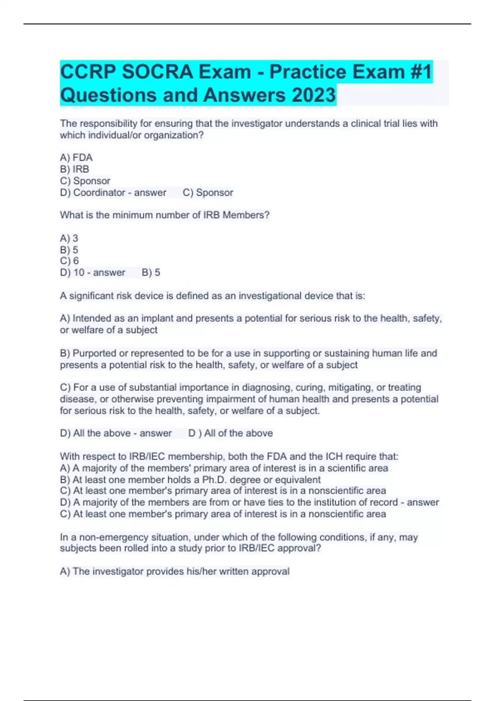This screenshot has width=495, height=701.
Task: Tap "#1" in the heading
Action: (421, 72)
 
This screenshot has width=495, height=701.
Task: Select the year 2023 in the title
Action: (313, 95)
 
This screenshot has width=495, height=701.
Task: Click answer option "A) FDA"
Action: (76, 158)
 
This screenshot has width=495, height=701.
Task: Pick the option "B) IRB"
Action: (75, 169)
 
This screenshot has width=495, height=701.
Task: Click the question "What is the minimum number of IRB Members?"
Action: (165, 215)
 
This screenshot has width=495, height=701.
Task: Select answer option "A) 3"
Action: (69, 238)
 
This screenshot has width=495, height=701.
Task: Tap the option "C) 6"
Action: (69, 261)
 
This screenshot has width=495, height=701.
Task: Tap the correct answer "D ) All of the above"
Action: (231, 433)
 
